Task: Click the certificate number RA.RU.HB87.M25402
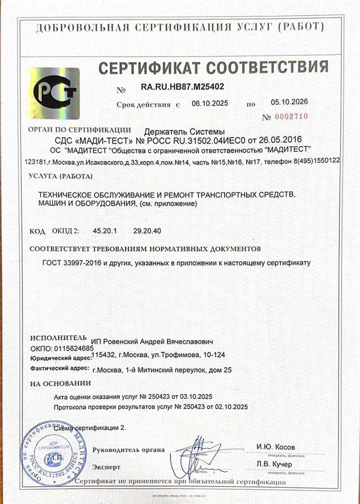[x=182, y=87]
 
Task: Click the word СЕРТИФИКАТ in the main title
[x=148, y=67]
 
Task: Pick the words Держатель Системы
[x=183, y=132]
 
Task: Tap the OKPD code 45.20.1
[x=97, y=230]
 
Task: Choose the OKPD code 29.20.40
[x=147, y=230]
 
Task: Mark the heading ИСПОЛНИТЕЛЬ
[x=58, y=339]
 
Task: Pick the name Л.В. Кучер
[x=274, y=464]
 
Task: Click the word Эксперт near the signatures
[x=106, y=466]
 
